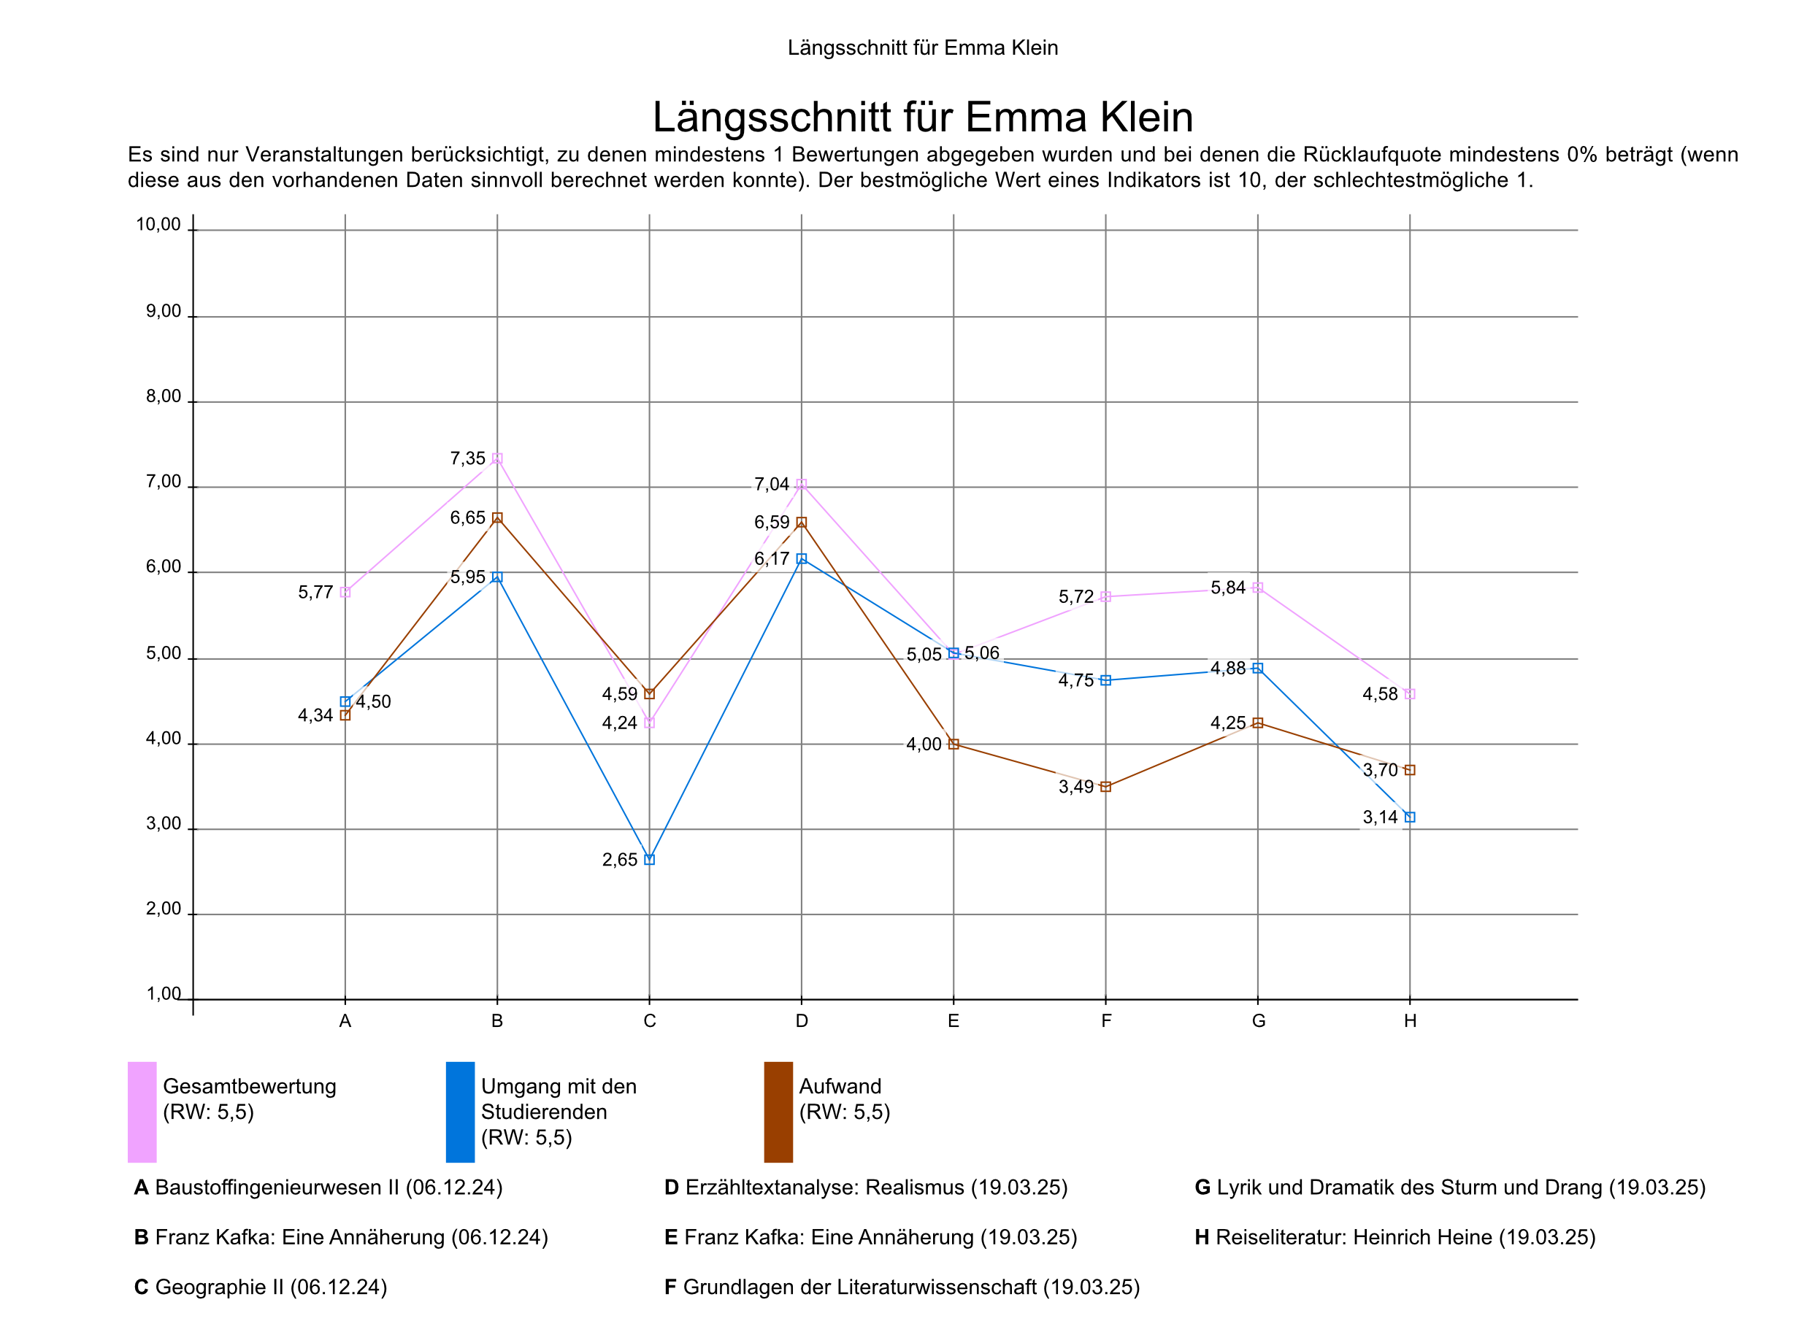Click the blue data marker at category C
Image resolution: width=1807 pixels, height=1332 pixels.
[649, 860]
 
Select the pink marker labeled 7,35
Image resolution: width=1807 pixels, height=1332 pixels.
[496, 458]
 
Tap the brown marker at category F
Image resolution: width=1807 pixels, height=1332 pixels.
[1105, 787]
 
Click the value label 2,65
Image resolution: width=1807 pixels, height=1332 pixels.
[619, 861]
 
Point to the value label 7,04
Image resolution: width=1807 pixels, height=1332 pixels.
[771, 485]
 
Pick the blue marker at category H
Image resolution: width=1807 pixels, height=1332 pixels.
[1410, 817]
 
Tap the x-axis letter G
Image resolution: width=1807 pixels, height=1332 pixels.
[1258, 1022]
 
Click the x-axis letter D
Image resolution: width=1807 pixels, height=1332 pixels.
[802, 1022]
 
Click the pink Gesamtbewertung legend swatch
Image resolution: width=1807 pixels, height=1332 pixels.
[142, 1112]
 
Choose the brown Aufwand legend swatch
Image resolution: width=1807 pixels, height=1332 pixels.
[778, 1112]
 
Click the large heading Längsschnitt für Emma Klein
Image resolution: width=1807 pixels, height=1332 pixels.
[922, 117]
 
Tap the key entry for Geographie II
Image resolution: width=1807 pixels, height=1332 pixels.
[261, 1287]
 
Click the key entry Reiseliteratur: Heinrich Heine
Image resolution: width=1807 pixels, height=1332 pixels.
[1395, 1237]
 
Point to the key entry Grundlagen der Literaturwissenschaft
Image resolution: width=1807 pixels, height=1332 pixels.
[902, 1287]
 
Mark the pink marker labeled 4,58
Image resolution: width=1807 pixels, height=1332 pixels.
[1410, 694]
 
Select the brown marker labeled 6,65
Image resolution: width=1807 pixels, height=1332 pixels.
[496, 517]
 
